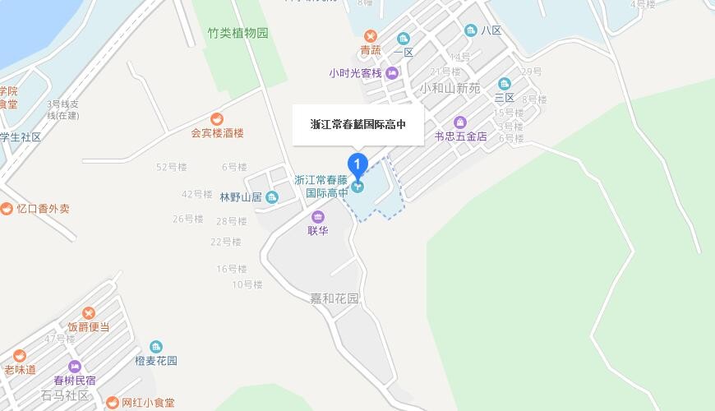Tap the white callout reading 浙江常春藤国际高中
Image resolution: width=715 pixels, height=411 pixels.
(x=358, y=125)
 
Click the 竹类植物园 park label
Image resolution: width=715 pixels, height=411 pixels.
(x=238, y=34)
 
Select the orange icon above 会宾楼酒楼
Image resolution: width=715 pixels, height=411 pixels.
(x=217, y=118)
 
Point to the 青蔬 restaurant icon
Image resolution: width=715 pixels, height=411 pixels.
(x=371, y=36)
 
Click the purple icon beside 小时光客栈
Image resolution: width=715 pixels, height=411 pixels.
(x=393, y=73)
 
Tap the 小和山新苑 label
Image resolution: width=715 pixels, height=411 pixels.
(x=450, y=88)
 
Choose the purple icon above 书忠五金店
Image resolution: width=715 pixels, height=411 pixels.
(x=460, y=122)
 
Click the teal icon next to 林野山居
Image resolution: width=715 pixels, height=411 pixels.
(x=272, y=197)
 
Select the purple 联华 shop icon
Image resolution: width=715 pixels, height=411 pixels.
(x=318, y=217)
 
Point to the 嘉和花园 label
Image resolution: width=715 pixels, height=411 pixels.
(x=334, y=298)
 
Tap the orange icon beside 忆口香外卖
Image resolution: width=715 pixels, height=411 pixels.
(x=7, y=209)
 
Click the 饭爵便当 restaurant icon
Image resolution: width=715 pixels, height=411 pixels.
(x=88, y=312)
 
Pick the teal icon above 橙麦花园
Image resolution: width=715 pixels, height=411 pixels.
(x=156, y=347)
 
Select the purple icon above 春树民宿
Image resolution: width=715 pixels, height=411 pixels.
(x=75, y=367)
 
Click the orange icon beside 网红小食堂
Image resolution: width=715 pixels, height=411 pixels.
(x=113, y=403)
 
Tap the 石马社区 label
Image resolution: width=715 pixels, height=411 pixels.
(x=64, y=396)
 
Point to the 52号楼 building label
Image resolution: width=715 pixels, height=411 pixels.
(x=172, y=168)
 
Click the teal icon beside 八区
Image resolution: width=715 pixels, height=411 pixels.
(x=471, y=30)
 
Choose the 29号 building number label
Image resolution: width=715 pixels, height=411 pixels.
(x=531, y=72)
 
